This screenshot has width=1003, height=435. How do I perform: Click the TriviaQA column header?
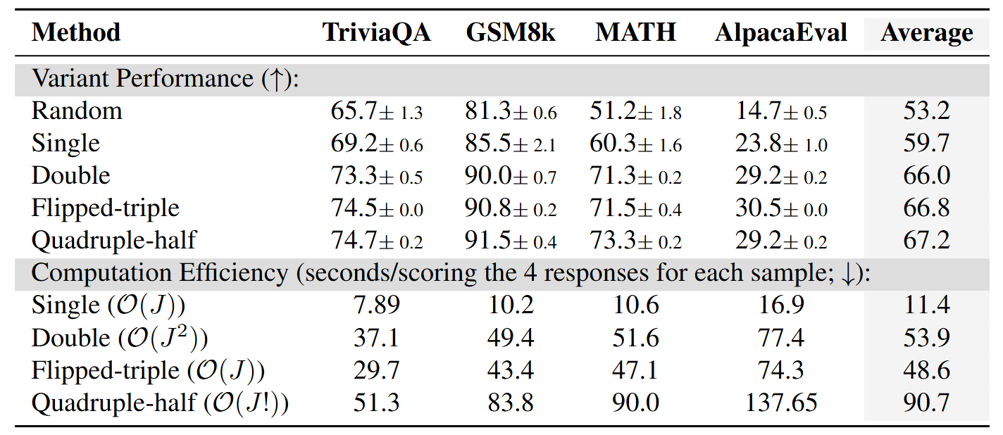pyautogui.click(x=376, y=32)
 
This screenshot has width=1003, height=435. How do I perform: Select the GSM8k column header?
pyautogui.click(x=511, y=32)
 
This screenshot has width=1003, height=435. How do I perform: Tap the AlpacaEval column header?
pyautogui.click(x=780, y=32)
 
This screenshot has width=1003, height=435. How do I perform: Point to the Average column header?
pyautogui.click(x=926, y=32)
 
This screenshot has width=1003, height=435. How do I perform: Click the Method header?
pyautogui.click(x=76, y=32)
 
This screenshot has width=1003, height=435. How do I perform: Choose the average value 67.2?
pyautogui.click(x=926, y=241)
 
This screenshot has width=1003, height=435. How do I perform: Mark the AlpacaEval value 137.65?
pyautogui.click(x=780, y=403)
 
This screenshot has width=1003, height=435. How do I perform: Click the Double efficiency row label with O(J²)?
pyautogui.click(x=120, y=339)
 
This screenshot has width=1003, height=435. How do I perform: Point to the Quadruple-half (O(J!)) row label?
pyautogui.click(x=161, y=403)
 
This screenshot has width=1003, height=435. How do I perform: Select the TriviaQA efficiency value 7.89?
pyautogui.click(x=376, y=305)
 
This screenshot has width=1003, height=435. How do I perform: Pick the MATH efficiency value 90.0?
pyautogui.click(x=635, y=403)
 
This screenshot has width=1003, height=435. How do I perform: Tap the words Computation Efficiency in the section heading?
pyautogui.click(x=160, y=273)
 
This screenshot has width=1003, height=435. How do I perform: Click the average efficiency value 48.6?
pyautogui.click(x=926, y=370)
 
